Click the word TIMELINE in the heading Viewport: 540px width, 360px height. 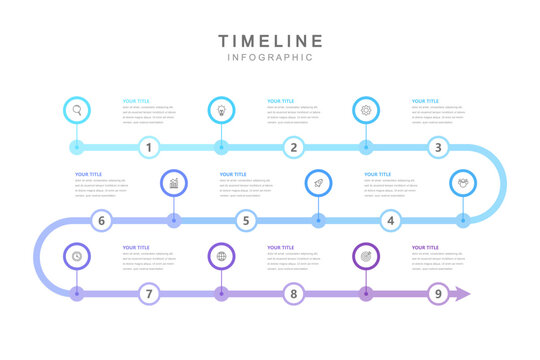(270, 41)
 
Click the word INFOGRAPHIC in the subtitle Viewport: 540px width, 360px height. (270, 57)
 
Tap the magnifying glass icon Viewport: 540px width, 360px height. (76, 110)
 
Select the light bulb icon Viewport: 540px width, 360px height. (221, 110)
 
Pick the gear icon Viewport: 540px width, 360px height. (366, 110)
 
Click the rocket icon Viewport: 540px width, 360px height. (318, 183)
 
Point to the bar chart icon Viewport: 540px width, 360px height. (174, 183)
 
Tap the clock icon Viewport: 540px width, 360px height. (76, 256)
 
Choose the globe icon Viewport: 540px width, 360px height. (221, 256)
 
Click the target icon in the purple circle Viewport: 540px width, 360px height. (366, 256)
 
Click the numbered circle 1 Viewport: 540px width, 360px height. (149, 148)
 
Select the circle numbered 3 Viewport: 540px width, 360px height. (437, 148)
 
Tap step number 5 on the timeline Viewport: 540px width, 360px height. (246, 221)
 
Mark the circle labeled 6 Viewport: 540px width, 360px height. (101, 221)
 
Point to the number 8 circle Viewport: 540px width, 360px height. (293, 294)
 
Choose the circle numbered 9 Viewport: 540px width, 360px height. (437, 294)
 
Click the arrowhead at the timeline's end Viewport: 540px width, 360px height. (463, 294)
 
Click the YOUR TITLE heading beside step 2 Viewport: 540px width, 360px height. (281, 101)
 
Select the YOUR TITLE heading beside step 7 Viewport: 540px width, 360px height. (136, 247)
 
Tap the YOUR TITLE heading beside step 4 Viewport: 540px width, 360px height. (378, 174)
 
